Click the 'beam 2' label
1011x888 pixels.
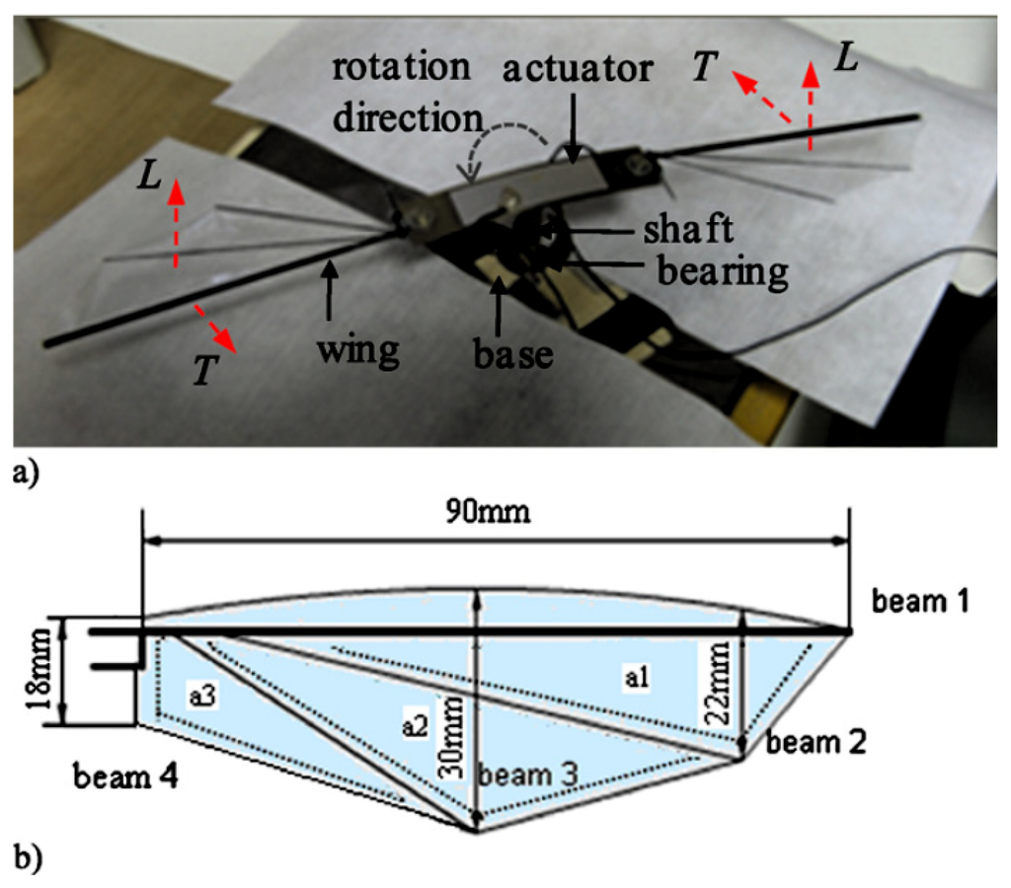(x=815, y=743)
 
